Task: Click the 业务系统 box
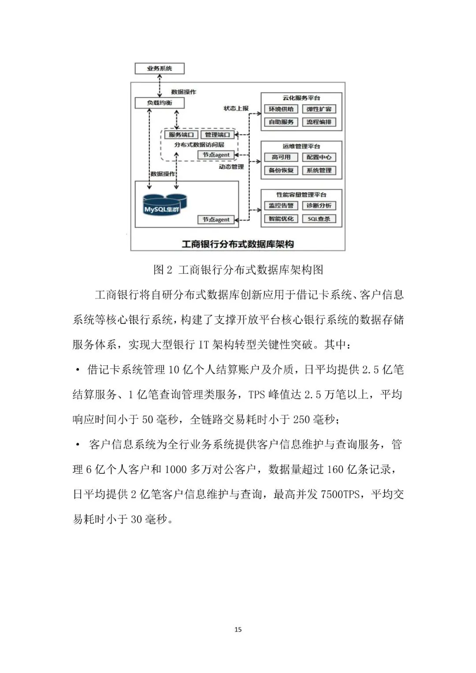160,68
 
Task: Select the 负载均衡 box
160,103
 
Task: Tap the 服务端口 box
181,135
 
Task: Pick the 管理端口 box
217,135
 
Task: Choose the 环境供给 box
281,109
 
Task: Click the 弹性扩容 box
319,109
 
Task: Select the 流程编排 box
319,122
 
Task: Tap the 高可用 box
281,157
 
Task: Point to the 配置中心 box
319,157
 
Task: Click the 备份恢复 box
281,171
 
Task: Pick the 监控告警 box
281,206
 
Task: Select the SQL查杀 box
319,219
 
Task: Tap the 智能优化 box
281,219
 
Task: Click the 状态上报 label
236,108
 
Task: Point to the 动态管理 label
231,167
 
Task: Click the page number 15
238,629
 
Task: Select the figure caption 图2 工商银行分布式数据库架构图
238,270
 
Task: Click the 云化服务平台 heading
301,98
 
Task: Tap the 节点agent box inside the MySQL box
216,219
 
